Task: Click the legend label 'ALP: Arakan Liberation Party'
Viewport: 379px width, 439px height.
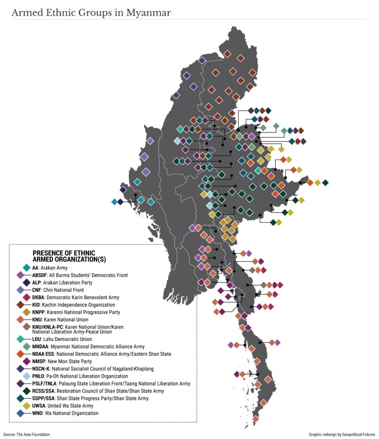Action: pyautogui.click(x=69, y=283)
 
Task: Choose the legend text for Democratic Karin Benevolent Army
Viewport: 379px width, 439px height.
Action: pyautogui.click(x=75, y=297)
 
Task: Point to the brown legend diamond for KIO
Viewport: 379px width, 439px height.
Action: pyautogui.click(x=20, y=305)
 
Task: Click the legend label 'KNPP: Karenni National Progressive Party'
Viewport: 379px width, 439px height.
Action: pyautogui.click(x=76, y=312)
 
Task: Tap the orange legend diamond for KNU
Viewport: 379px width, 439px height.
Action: pyautogui.click(x=20, y=319)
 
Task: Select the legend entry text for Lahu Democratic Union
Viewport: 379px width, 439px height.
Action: pyautogui.click(x=62, y=339)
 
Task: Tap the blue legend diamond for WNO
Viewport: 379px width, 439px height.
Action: pyautogui.click(x=20, y=413)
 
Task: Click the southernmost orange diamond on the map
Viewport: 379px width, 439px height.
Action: pyautogui.click(x=256, y=419)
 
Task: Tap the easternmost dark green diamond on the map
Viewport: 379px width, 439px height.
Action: pyautogui.click(x=325, y=183)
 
